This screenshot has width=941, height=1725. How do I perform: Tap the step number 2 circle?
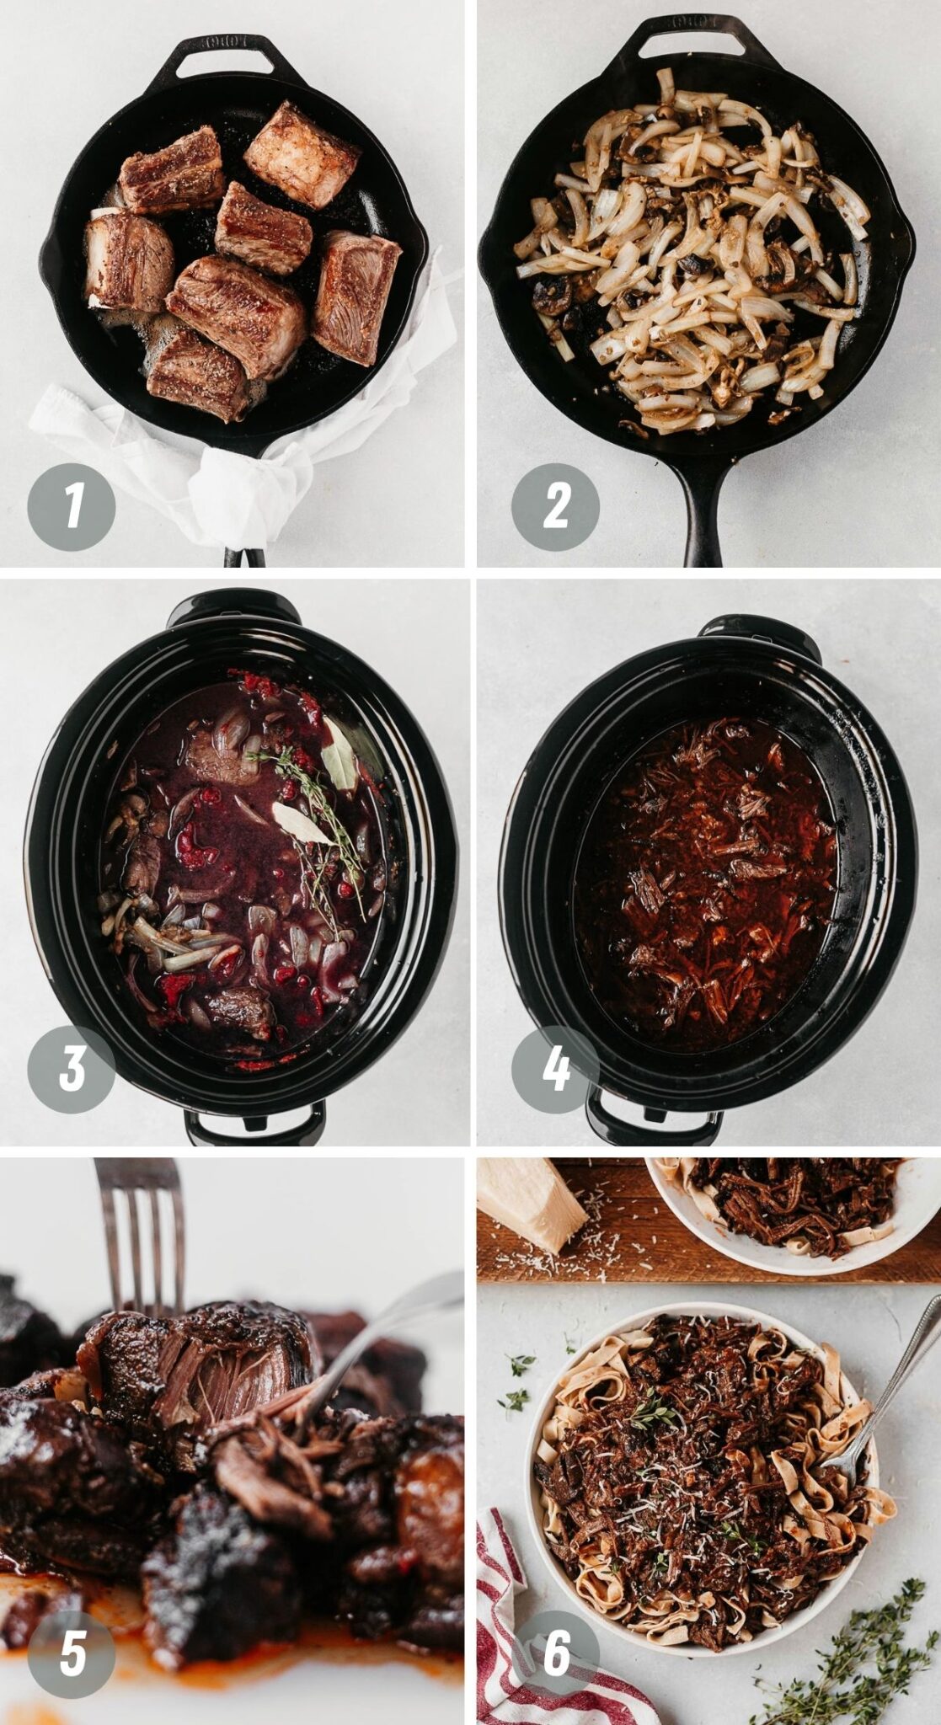[x=555, y=506]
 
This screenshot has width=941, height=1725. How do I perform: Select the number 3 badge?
[x=72, y=1069]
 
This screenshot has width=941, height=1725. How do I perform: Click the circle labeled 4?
[x=555, y=1069]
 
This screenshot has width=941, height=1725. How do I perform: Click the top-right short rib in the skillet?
[x=301, y=156]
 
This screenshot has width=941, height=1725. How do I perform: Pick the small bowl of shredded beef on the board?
[x=792, y=1209]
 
